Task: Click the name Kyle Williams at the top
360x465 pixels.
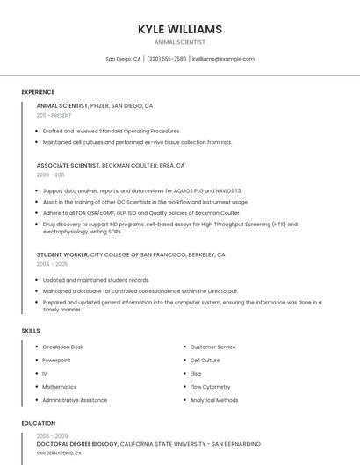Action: pos(180,29)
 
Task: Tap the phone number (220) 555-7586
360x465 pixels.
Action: pos(167,59)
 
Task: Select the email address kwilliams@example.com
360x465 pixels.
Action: pos(223,59)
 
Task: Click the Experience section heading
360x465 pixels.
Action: pos(38,92)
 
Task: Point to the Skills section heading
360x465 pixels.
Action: pos(31,330)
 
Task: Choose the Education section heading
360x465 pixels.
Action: pos(38,423)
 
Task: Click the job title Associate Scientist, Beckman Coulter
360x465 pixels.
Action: pos(111,165)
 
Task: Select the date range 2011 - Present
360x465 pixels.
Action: pos(54,115)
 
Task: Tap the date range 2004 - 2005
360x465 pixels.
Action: pos(52,263)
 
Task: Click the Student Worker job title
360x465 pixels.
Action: pos(62,254)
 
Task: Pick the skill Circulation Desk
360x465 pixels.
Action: pos(63,347)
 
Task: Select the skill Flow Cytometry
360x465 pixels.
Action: pos(210,386)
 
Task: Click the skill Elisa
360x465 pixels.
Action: pos(196,373)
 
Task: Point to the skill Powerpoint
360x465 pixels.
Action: pos(56,360)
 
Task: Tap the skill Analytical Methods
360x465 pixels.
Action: pos(214,400)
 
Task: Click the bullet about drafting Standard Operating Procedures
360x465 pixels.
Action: pos(112,131)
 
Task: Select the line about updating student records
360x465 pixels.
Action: pos(96,280)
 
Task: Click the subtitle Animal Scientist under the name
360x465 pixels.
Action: pos(180,42)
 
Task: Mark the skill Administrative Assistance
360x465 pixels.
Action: pos(75,400)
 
